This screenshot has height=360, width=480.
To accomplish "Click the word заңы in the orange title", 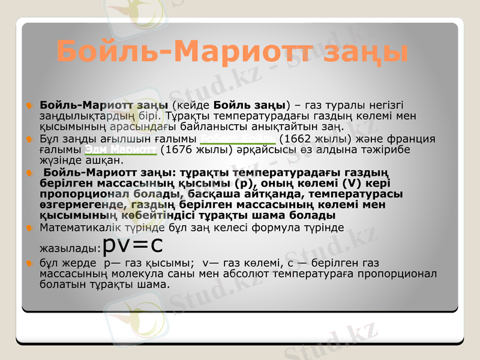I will click(362, 53).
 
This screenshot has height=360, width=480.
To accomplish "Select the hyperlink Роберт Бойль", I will click(238, 139).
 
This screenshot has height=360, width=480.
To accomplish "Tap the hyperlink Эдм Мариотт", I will click(120, 149).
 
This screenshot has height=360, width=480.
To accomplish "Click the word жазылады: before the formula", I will click(70, 248).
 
